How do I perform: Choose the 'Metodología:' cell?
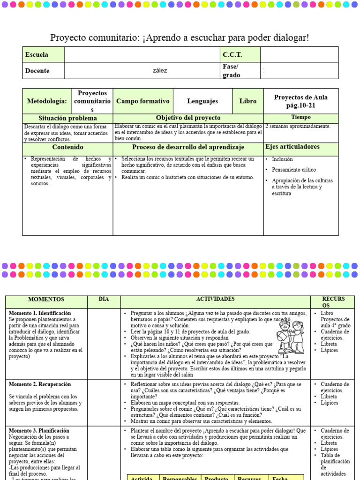[x=47, y=101]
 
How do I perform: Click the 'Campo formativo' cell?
[x=142, y=101]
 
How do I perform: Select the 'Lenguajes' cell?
[x=202, y=101]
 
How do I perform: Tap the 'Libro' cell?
[x=247, y=101]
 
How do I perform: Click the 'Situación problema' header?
[x=67, y=118]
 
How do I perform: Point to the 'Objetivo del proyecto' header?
[x=188, y=118]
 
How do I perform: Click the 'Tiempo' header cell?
[x=300, y=117]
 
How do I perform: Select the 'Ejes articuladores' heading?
[x=292, y=147]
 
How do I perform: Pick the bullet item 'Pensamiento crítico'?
[x=294, y=170]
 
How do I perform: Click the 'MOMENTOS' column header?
[x=46, y=300]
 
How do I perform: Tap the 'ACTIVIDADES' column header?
[x=215, y=299]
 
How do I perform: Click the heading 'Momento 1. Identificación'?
[x=40, y=313]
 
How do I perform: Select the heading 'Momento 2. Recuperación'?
[x=40, y=384]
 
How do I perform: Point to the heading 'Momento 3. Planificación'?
[x=39, y=430]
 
